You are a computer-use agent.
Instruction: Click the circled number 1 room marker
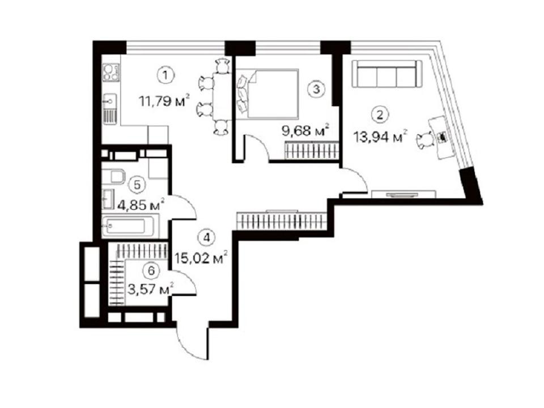pyautogui.click(x=166, y=75)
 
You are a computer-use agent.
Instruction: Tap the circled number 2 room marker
pyautogui.click(x=380, y=114)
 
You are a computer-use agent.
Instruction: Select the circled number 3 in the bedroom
pyautogui.click(x=316, y=89)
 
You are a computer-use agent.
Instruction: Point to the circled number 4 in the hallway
pyautogui.click(x=207, y=237)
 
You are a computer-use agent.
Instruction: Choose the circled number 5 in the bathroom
pyautogui.click(x=137, y=185)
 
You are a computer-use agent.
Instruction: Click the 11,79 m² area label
pyautogui.click(x=164, y=101)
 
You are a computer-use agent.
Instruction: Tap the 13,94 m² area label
pyautogui.click(x=380, y=137)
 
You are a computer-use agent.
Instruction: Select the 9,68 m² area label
pyautogui.click(x=305, y=131)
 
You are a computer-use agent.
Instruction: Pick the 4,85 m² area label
pyautogui.click(x=141, y=205)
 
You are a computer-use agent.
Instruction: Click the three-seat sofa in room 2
pyautogui.click(x=387, y=74)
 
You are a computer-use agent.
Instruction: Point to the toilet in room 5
pyautogui.click(x=113, y=176)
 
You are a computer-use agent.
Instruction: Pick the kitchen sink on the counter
pyautogui.click(x=109, y=101)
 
